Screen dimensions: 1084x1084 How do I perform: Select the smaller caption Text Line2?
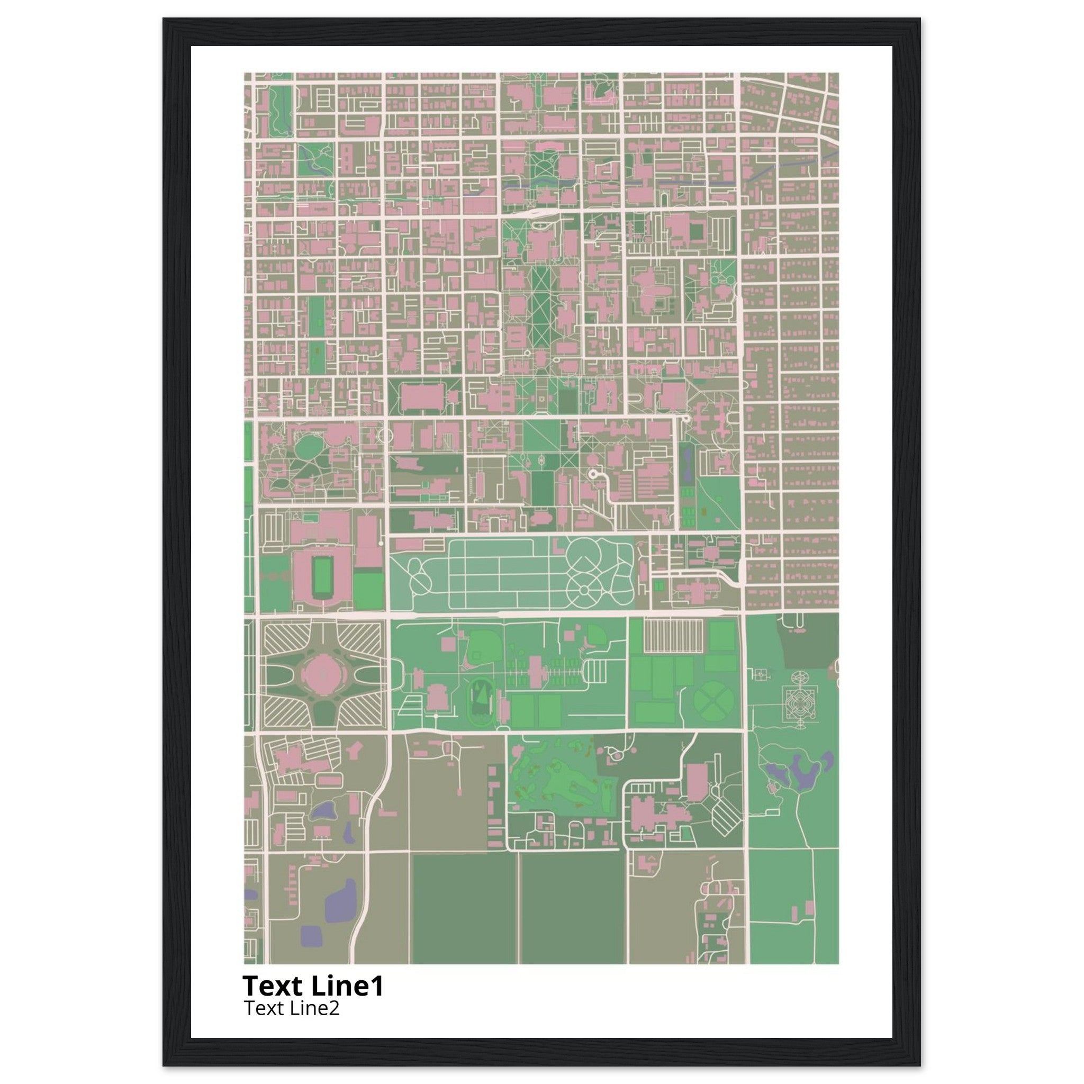tap(291, 1008)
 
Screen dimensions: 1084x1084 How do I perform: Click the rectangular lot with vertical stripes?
tap(673, 636)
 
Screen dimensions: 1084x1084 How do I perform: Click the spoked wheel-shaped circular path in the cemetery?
tap(583, 590)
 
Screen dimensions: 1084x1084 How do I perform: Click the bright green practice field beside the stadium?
tap(368, 590)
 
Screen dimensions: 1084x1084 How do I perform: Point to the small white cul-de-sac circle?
tap(592, 474)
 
